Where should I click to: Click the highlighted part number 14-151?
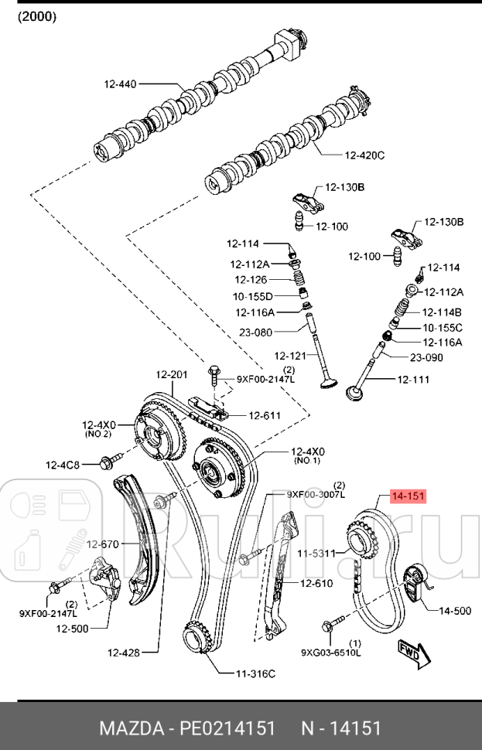pyautogui.click(x=408, y=496)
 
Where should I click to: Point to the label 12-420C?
pyautogui.click(x=364, y=155)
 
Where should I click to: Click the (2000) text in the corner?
pyautogui.click(x=38, y=16)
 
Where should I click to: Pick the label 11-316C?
pyautogui.click(x=255, y=673)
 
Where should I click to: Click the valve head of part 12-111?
pyautogui.click(x=355, y=391)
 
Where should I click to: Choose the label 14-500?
pyautogui.click(x=455, y=611)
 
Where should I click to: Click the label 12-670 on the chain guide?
pyautogui.click(x=102, y=544)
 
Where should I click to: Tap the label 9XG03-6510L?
pyautogui.click(x=331, y=652)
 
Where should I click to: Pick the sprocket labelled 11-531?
pyautogui.click(x=358, y=539)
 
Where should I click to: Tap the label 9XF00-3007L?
pyautogui.click(x=315, y=493)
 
